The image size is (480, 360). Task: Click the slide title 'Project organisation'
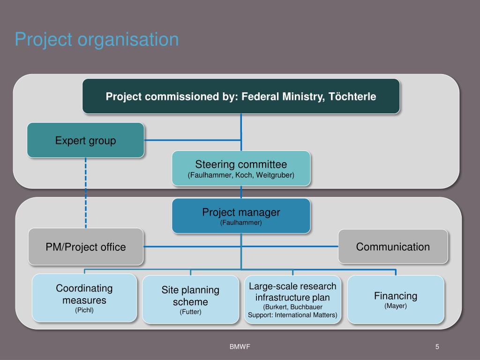[x=97, y=39]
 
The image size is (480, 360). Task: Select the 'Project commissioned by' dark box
[x=241, y=96]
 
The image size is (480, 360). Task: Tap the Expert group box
[x=85, y=140]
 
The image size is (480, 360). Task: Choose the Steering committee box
[x=241, y=168]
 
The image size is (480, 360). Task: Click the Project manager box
[x=241, y=216]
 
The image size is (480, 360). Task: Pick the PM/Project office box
[x=86, y=247]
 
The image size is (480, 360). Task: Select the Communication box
[x=393, y=247]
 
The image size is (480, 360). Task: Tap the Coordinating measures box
[x=84, y=298]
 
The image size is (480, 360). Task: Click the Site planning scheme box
[x=190, y=300]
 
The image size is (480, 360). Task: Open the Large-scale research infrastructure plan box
[x=292, y=300]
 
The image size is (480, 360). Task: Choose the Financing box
[x=396, y=300]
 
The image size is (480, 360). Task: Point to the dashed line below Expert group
[x=86, y=192]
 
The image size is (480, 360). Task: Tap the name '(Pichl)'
[x=84, y=310]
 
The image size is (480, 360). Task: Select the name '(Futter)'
[x=190, y=312]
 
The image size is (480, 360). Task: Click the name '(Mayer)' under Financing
[x=396, y=306]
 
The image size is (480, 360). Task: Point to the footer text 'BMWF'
[x=240, y=347]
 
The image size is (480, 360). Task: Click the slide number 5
[x=437, y=347]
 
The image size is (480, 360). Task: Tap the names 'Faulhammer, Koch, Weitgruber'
[x=241, y=175]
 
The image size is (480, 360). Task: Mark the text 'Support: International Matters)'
[x=292, y=315]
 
